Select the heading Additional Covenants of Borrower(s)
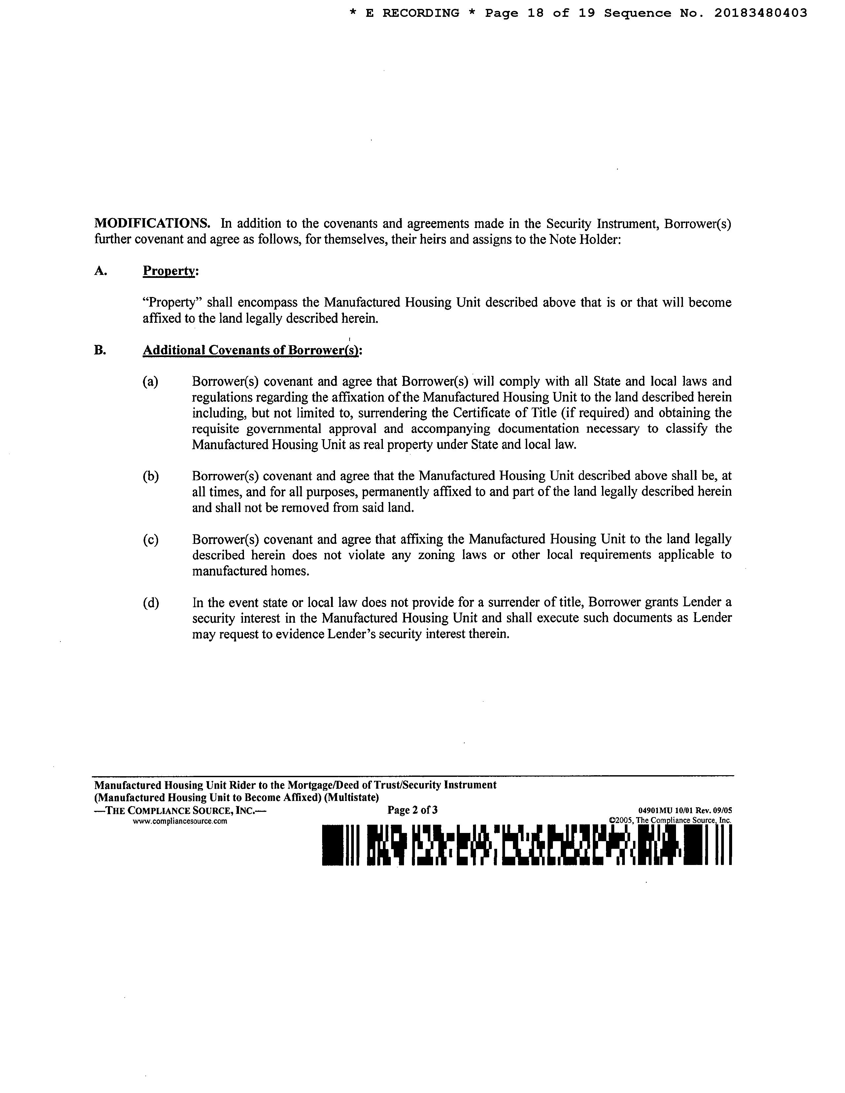[252, 350]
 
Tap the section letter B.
[100, 350]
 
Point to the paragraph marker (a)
[150, 382]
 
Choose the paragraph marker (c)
[150, 540]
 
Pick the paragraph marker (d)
[150, 603]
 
